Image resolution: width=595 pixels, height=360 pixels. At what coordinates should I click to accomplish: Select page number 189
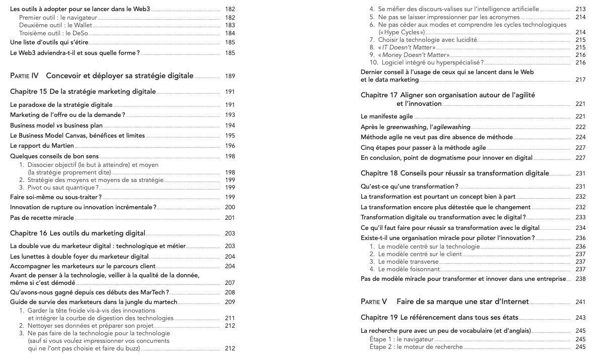click(230, 76)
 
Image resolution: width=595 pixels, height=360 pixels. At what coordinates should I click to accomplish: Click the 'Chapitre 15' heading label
click(28, 92)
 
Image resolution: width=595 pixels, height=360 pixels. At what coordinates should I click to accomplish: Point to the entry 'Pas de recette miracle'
click(42, 218)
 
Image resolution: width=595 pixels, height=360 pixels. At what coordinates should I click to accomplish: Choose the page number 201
click(230, 218)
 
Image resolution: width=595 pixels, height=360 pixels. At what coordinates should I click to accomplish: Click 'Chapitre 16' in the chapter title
click(28, 233)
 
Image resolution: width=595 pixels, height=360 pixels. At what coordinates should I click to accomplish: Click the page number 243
click(580, 317)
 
